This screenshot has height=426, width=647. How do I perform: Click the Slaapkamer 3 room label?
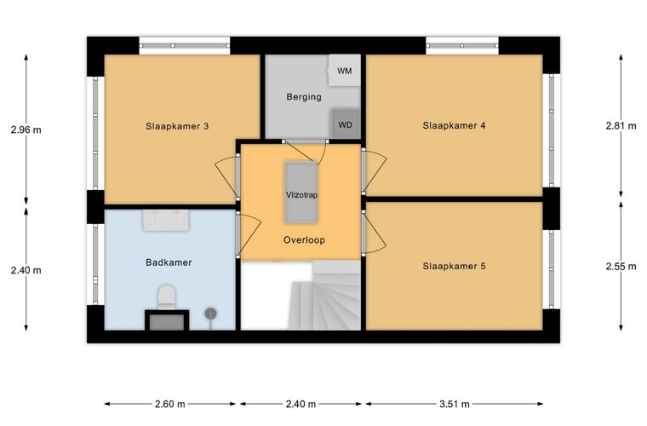177,126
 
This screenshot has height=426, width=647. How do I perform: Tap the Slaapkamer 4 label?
454,125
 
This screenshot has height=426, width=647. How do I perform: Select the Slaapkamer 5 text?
454,266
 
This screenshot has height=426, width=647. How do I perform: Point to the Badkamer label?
169,262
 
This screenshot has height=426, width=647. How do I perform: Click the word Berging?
304,97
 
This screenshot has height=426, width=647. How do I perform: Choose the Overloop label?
304,239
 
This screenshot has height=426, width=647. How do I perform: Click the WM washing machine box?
345,71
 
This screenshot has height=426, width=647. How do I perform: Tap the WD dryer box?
346,124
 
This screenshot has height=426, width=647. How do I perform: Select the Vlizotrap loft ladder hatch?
301,193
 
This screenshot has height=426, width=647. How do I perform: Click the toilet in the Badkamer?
167,297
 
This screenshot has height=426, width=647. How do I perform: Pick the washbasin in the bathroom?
166,220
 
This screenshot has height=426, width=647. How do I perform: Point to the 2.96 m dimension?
26,130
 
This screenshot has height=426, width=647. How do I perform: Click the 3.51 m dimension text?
455,404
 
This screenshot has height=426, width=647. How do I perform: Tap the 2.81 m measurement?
621,126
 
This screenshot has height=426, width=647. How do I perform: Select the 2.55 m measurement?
621,267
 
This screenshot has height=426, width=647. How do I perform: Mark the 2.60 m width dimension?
170,404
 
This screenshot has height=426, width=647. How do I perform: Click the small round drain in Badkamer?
210,314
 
